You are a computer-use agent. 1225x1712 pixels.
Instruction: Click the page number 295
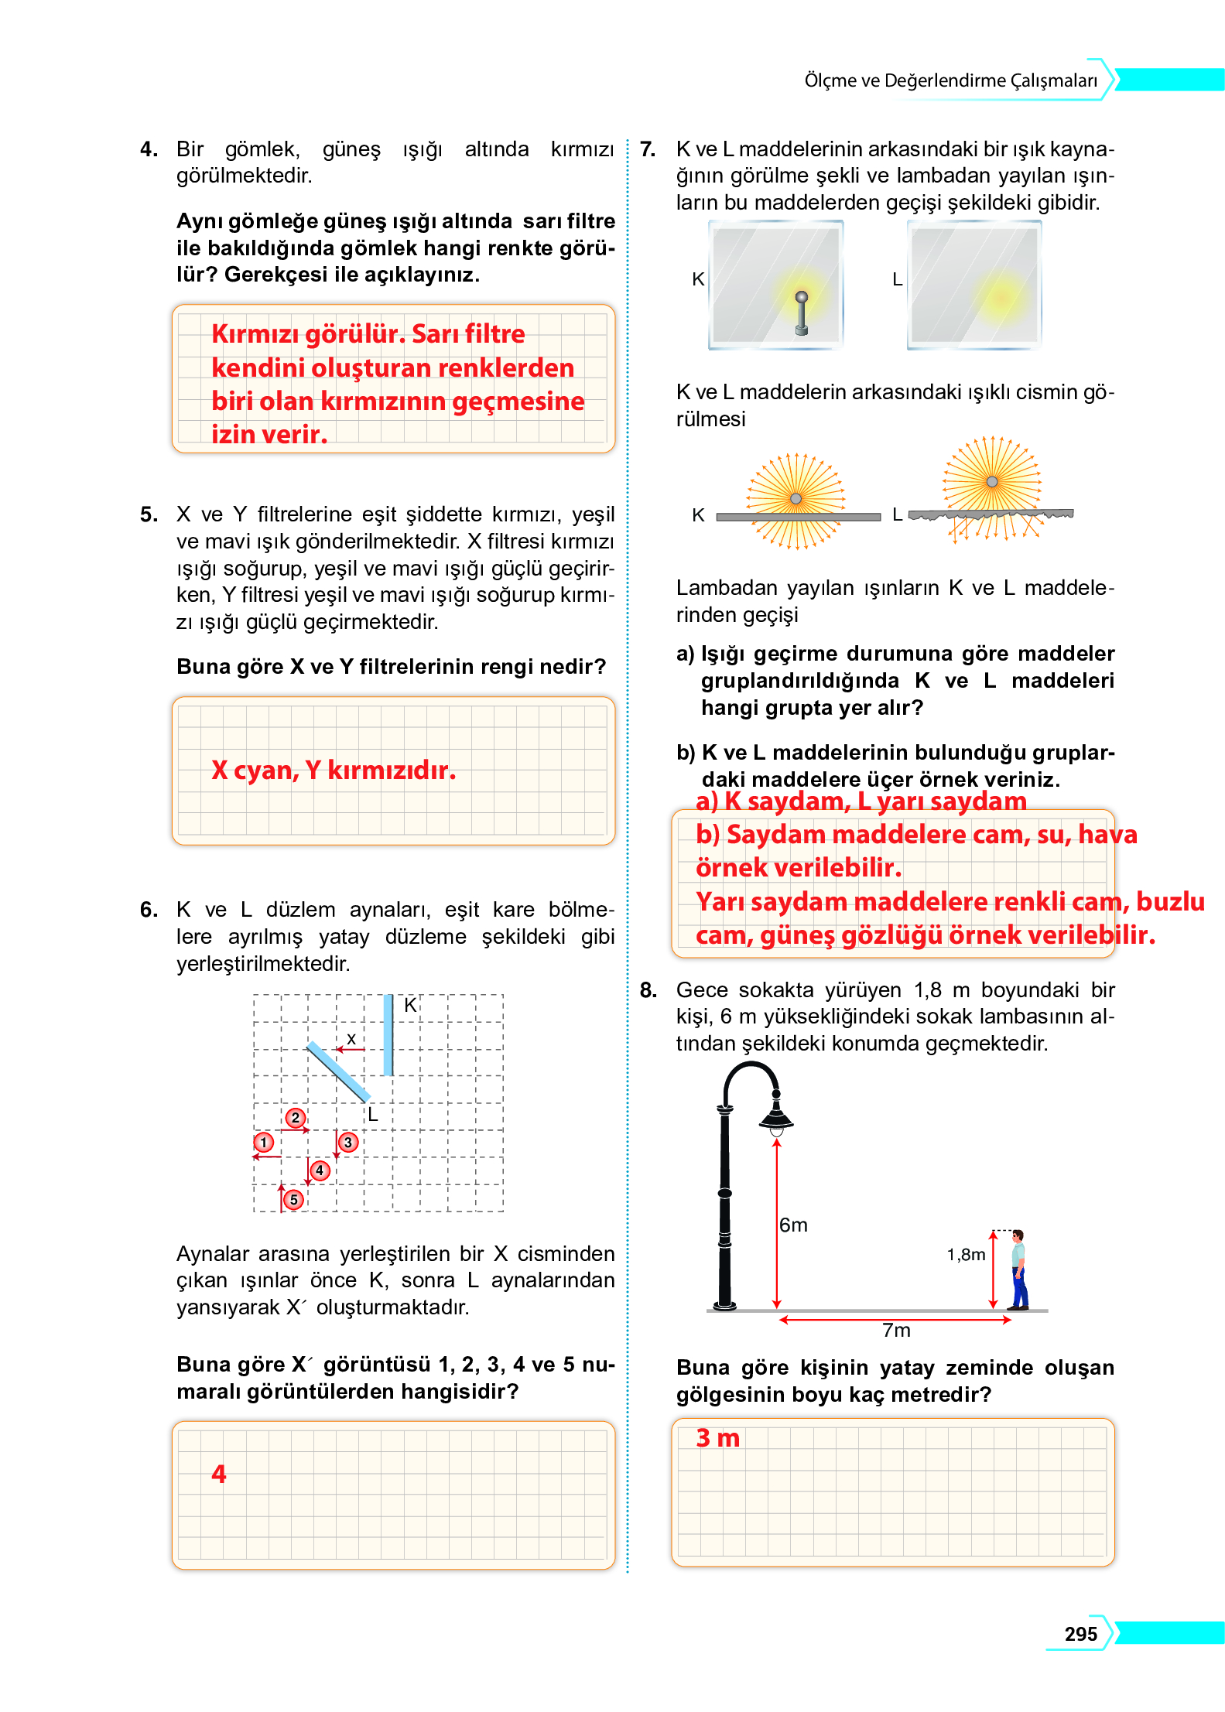tap(1080, 1633)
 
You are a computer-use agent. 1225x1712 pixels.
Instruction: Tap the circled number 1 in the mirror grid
tap(264, 1142)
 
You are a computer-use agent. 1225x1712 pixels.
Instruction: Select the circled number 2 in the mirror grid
tap(295, 1117)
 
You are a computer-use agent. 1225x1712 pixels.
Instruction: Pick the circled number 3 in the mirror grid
tap(348, 1142)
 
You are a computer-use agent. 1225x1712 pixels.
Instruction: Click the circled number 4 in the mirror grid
tap(320, 1170)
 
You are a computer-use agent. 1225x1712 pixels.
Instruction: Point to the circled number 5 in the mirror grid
tap(293, 1199)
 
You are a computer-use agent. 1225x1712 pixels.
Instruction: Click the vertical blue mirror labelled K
tap(388, 1034)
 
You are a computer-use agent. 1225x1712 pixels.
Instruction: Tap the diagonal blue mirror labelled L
tap(338, 1071)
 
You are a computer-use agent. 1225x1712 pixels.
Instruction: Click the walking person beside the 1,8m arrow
tap(1019, 1269)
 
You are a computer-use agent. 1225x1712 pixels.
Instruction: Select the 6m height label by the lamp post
tap(793, 1225)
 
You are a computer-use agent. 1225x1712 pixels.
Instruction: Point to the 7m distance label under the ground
tap(896, 1330)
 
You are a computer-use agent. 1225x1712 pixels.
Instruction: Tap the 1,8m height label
tap(966, 1254)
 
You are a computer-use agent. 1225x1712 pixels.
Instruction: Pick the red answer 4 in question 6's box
tap(219, 1474)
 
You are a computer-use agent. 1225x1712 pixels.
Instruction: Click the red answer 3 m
tap(717, 1437)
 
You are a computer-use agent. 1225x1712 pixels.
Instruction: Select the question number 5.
tap(149, 514)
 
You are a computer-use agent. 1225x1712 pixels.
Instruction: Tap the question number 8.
tap(648, 990)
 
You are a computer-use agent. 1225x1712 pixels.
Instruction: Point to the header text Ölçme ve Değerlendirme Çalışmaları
tap(950, 80)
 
